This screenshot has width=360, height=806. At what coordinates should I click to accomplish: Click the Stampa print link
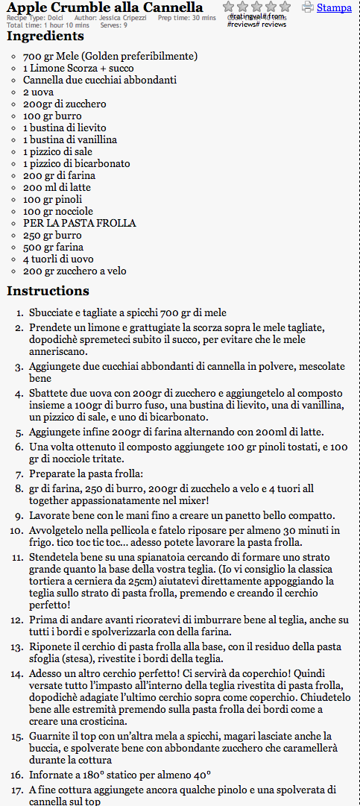(x=334, y=7)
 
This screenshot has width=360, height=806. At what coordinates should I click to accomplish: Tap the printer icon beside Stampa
(x=308, y=7)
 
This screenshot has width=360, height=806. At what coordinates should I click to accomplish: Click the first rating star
(x=230, y=7)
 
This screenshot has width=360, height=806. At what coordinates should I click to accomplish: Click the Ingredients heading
(x=45, y=36)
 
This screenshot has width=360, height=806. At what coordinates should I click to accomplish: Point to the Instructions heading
(x=48, y=291)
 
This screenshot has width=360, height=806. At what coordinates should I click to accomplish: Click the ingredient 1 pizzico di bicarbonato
(x=77, y=163)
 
